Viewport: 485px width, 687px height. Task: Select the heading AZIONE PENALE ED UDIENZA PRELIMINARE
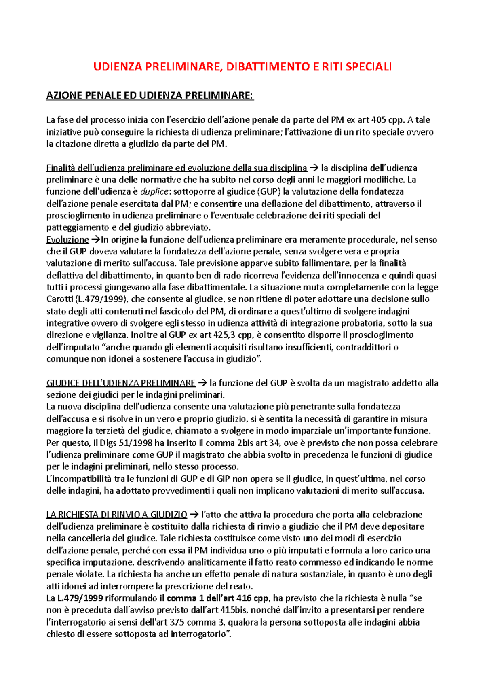click(150, 96)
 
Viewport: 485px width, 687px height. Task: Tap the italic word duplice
click(154, 191)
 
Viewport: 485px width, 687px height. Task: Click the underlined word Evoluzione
click(67, 240)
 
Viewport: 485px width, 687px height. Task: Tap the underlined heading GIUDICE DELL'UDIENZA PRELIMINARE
click(121, 383)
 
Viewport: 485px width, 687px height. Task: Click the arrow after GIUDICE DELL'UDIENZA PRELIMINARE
click(202, 383)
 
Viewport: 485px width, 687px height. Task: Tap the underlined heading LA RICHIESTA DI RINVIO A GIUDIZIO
click(116, 515)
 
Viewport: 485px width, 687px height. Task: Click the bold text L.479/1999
click(80, 598)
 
